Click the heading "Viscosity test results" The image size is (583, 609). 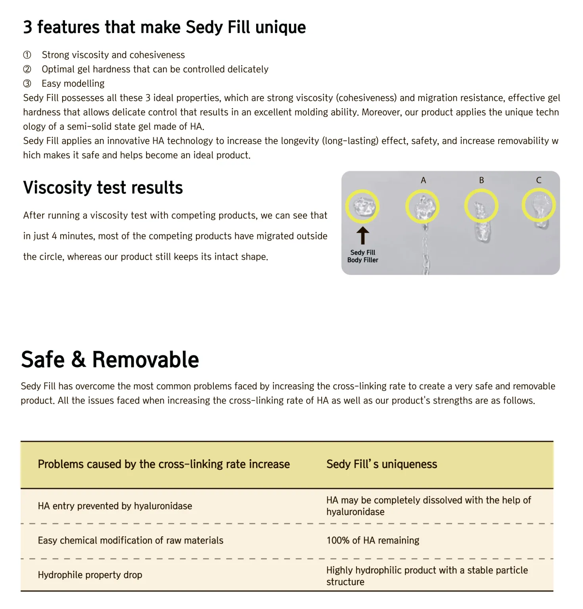point(103,188)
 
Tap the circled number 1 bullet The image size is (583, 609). point(27,55)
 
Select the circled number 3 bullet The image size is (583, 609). point(27,84)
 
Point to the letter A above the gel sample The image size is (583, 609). point(423,180)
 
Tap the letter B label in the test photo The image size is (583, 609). point(481,180)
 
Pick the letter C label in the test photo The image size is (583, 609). point(539,180)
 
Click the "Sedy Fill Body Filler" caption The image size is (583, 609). point(362,256)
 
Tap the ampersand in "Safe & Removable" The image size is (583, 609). point(79,360)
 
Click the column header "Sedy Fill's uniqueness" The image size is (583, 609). point(382,464)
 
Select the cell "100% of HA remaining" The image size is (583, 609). point(372,540)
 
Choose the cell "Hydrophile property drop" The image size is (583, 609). point(90,575)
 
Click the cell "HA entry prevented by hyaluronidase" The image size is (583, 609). point(115,506)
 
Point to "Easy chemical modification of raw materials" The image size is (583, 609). point(130,540)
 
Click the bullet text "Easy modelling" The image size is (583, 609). point(73,84)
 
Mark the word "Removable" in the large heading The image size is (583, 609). point(145,360)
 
